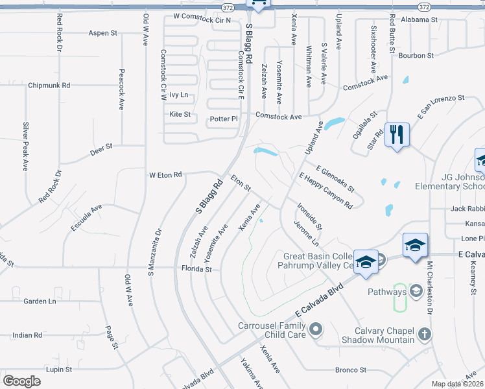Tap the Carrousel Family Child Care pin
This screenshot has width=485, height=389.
[316, 331]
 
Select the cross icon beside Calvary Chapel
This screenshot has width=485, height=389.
[424, 335]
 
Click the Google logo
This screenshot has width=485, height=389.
[21, 381]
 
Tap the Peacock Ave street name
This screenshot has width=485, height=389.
[121, 89]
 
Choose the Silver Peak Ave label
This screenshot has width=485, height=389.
[26, 146]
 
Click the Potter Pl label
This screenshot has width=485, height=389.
[224, 119]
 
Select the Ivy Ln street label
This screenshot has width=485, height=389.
[178, 95]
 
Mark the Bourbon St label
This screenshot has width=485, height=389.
[410, 56]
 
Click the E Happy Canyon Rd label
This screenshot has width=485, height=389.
[325, 190]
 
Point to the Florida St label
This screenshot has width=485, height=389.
[196, 268]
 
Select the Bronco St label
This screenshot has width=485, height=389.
[351, 370]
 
